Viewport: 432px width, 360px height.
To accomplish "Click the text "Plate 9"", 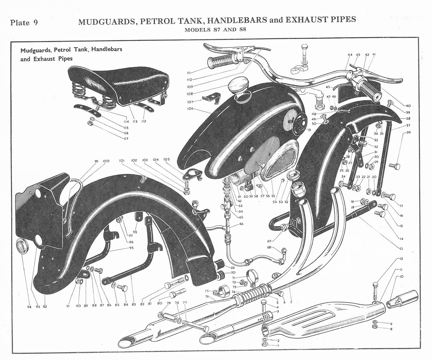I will pos(24,23).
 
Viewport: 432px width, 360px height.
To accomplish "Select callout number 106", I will pos(190,109).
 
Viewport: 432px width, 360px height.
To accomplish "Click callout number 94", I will pos(29,307).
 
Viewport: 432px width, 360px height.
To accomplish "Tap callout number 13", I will pos(401,249).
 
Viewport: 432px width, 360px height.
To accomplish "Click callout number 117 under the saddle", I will pos(126,139).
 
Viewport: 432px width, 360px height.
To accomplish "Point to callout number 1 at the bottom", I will pos(278,345).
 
